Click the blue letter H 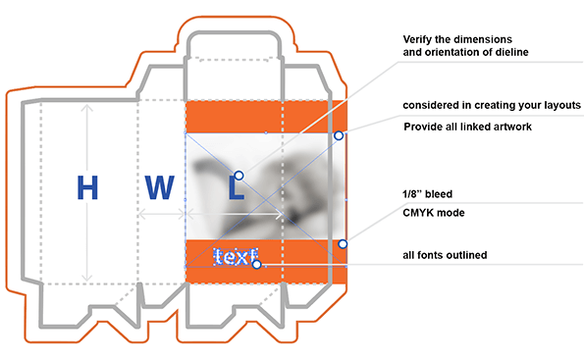87,187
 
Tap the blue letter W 160,187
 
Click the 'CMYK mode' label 433,212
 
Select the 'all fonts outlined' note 446,256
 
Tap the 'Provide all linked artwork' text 470,128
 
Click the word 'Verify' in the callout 421,38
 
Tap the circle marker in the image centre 239,175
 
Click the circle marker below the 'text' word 256,264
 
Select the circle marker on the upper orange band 339,135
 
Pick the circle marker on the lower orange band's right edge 344,244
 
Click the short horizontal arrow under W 161,212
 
